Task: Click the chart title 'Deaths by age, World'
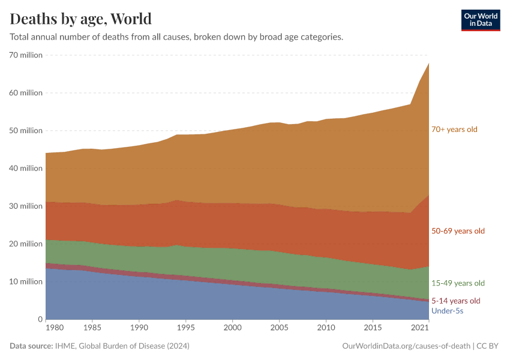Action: point(81,19)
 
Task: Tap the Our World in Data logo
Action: point(480,20)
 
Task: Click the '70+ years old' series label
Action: point(454,129)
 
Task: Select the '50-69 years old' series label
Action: point(458,231)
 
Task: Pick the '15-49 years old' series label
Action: point(458,283)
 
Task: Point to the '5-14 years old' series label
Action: point(455,301)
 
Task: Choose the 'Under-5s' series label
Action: point(447,311)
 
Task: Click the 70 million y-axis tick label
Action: point(26,55)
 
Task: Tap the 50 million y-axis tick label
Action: point(26,131)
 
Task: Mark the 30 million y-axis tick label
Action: point(26,206)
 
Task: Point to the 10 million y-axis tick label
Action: point(26,282)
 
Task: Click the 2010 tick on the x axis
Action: point(326,329)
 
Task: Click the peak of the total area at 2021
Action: point(428,63)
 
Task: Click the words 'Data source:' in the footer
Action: point(31,346)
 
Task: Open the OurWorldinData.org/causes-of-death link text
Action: point(406,346)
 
